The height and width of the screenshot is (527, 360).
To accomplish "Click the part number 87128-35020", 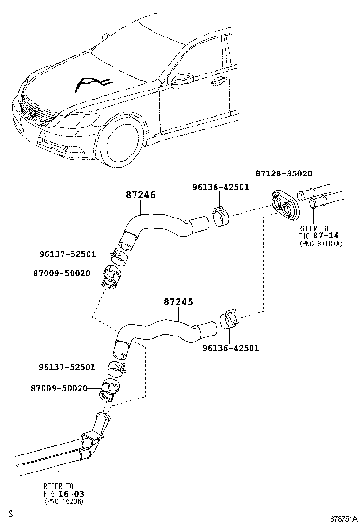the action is [x=284, y=173].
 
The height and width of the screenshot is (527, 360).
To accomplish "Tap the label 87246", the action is [x=141, y=195].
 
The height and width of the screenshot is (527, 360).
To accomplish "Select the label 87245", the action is [x=178, y=302].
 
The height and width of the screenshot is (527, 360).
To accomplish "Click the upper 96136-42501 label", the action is [x=221, y=187].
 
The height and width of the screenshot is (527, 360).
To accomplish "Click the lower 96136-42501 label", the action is [x=231, y=348].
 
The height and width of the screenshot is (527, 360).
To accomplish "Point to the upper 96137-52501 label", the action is [x=68, y=254].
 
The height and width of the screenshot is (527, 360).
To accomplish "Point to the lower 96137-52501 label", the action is [x=67, y=367].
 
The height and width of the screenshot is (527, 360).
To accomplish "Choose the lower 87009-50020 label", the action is [x=59, y=388].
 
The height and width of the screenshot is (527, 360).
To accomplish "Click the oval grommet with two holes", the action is [x=284, y=206].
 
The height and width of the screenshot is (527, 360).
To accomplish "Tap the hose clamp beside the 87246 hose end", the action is [x=221, y=216].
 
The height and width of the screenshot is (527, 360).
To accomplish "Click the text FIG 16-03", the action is [x=64, y=494].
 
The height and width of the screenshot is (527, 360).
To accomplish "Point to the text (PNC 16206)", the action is [x=64, y=501].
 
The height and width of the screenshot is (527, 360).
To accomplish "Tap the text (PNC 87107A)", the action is [x=320, y=244].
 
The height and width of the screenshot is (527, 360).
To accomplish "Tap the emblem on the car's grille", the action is [x=33, y=112].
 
